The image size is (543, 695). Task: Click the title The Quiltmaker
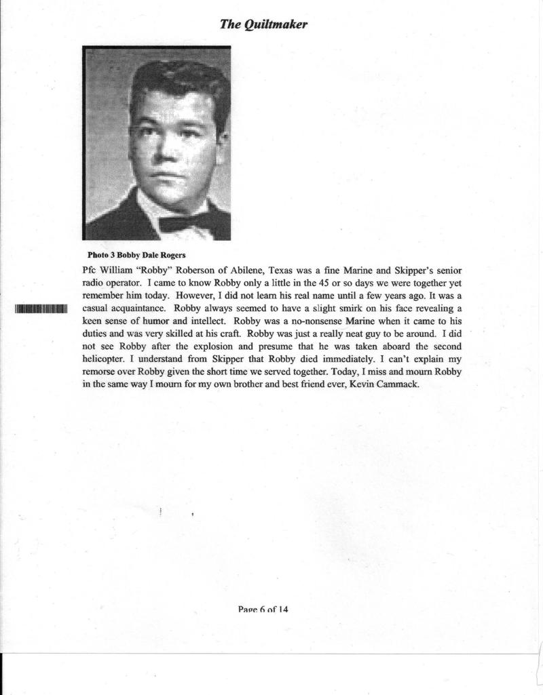point(264,25)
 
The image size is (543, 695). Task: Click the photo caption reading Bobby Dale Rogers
point(127,256)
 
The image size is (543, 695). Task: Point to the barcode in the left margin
point(41,309)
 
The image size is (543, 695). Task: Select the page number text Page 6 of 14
point(263,609)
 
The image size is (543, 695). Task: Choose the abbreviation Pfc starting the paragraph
point(90,270)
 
